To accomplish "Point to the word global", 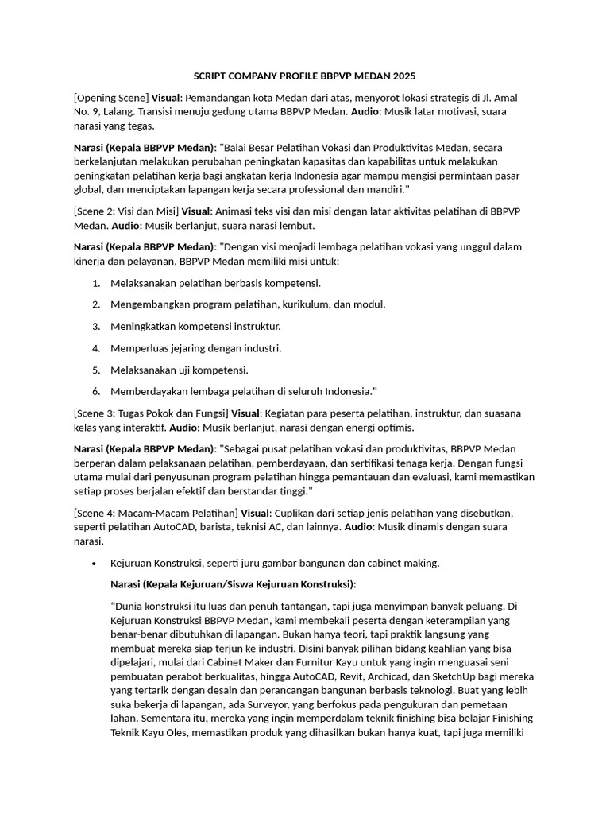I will point(88,189).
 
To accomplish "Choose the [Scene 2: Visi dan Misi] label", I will point(126,211).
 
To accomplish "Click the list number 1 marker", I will point(95,283).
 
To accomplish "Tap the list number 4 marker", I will point(95,348).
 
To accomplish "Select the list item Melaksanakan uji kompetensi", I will point(180,370).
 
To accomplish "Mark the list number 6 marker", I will point(95,391).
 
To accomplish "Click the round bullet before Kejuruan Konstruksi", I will point(95,564).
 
